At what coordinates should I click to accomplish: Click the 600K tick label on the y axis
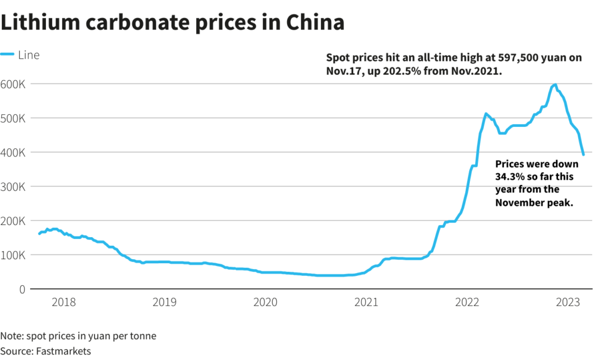pyautogui.click(x=12, y=83)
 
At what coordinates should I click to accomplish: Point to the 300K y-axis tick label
pyautogui.click(x=12, y=186)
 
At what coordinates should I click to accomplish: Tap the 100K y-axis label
pyautogui.click(x=12, y=254)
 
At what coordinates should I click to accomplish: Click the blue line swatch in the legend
pyautogui.click(x=8, y=55)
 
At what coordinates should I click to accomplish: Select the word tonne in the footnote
pyautogui.click(x=143, y=336)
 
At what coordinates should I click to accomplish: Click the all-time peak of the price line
pyautogui.click(x=555, y=85)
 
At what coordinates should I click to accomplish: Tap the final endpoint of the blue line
pyautogui.click(x=583, y=154)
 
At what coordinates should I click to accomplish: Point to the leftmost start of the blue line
pyautogui.click(x=39, y=234)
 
